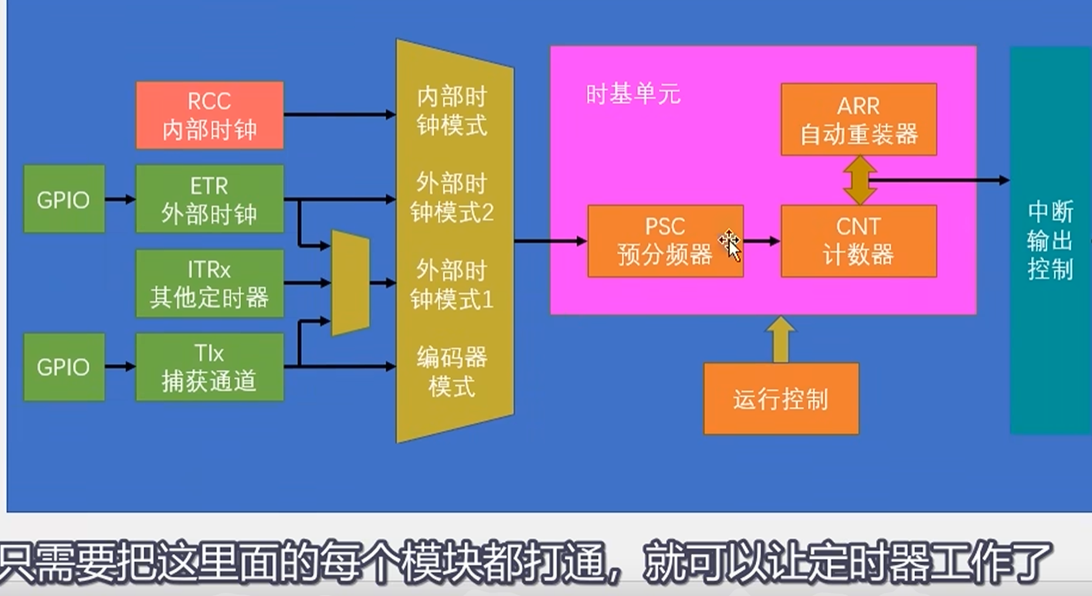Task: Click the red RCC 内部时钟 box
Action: tap(209, 115)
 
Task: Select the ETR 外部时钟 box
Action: tap(209, 199)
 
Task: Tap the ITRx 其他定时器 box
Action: tap(209, 283)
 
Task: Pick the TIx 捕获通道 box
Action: tap(209, 367)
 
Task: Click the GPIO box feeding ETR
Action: tap(63, 199)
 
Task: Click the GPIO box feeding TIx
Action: tap(63, 367)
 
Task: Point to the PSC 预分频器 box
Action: tap(665, 241)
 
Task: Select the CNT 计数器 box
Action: tap(858, 241)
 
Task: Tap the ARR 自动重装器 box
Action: tap(858, 119)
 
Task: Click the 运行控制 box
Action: tap(781, 399)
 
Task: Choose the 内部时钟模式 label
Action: tap(452, 111)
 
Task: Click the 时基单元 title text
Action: tap(633, 94)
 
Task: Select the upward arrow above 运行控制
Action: tap(781, 339)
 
